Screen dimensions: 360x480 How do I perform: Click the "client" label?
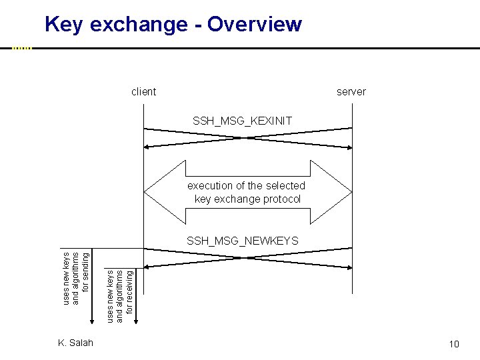(144, 92)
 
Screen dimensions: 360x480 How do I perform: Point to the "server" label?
(351, 92)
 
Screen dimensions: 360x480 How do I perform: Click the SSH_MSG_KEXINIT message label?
(242, 121)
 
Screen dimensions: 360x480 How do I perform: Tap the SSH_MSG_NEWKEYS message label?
(243, 240)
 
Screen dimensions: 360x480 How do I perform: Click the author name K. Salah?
(75, 343)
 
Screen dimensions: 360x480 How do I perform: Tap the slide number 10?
(454, 344)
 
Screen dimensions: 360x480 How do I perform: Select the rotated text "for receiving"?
(131, 290)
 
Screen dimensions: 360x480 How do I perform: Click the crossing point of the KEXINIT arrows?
(247, 138)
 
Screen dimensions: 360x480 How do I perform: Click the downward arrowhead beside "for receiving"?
(137, 323)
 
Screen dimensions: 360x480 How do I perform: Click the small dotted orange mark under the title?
(22, 48)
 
